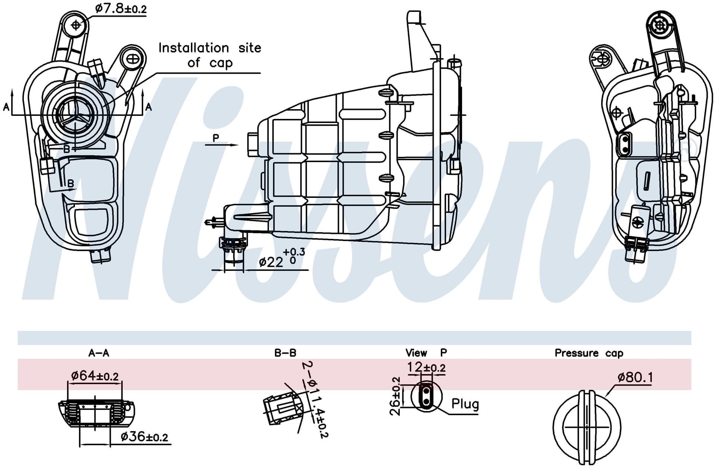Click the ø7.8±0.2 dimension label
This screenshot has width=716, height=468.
pos(121,8)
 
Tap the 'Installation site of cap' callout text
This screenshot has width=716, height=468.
pos(210,55)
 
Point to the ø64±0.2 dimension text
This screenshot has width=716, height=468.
pos(95,376)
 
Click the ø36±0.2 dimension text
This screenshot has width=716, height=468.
pos(144,436)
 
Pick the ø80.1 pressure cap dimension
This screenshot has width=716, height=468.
pos(635,377)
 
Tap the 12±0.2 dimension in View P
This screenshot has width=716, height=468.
pos(426,368)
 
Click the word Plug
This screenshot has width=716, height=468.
pos(465,404)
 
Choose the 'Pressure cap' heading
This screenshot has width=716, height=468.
pos(589,353)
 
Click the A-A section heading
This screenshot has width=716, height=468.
pos(99,352)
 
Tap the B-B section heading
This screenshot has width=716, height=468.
pos(285,352)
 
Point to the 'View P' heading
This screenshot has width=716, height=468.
pos(426,352)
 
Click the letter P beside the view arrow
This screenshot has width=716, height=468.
pos(216,138)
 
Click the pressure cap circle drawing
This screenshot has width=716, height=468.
pos(587,428)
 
